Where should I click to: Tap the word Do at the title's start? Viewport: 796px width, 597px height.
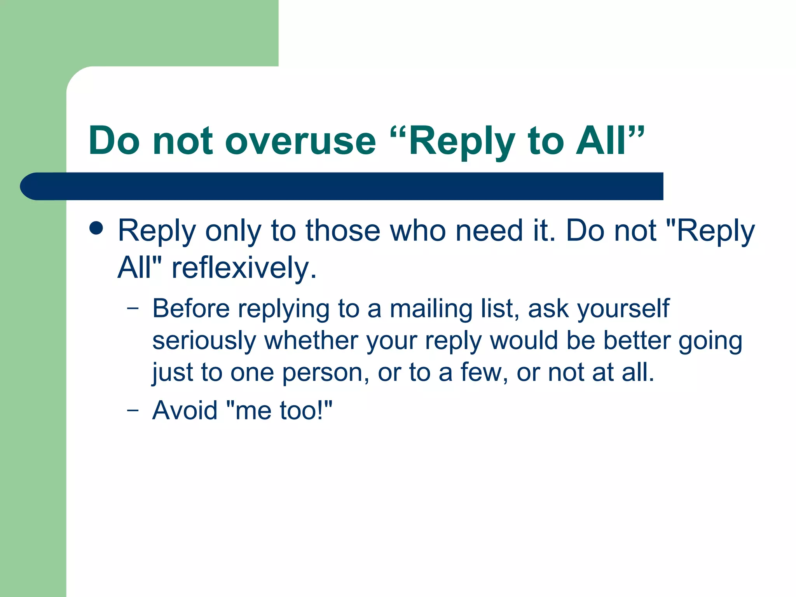point(114,141)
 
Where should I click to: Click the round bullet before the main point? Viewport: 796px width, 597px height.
point(96,229)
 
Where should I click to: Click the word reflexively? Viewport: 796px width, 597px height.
point(244,268)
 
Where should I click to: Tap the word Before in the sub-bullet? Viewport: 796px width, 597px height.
point(191,309)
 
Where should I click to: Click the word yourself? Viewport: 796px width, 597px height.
point(623,309)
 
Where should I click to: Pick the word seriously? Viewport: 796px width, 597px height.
point(204,341)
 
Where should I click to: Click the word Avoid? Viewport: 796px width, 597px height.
point(185,410)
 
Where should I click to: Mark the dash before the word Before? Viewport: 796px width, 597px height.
point(133,309)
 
